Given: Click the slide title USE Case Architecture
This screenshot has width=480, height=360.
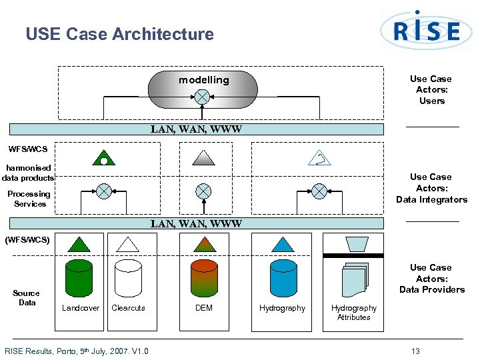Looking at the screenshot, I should pyautogui.click(x=119, y=34).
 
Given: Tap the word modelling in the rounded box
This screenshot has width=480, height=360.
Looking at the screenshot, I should pyautogui.click(x=203, y=80).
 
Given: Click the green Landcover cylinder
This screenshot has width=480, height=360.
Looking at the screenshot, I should pyautogui.click(x=79, y=278).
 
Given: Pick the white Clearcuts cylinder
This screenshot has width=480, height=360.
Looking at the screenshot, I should pyautogui.click(x=128, y=278).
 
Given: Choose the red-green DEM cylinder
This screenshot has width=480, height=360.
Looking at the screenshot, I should pyautogui.click(x=204, y=278).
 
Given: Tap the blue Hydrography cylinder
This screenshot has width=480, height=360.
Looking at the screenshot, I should pyautogui.click(x=283, y=278).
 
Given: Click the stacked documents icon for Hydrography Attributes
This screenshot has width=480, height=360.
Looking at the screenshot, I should pyautogui.click(x=354, y=280).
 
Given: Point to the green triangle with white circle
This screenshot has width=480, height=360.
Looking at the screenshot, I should pyautogui.click(x=104, y=158).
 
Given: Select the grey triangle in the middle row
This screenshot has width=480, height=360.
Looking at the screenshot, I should pyautogui.click(x=203, y=157).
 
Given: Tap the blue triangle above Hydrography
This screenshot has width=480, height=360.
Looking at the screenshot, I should pyautogui.click(x=283, y=244).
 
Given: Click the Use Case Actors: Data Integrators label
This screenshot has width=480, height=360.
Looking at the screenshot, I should pyautogui.click(x=431, y=188).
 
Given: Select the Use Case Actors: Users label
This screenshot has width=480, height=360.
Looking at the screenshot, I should pyautogui.click(x=431, y=90).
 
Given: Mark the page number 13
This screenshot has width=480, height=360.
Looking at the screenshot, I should pyautogui.click(x=415, y=351).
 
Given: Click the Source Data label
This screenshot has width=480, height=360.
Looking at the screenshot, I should pyautogui.click(x=26, y=298).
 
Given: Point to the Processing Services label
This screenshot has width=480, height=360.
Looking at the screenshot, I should pyautogui.click(x=29, y=199).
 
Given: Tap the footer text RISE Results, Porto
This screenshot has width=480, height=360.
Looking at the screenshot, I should pyautogui.click(x=77, y=351).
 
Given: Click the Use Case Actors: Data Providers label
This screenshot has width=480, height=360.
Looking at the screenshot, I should pyautogui.click(x=431, y=279).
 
